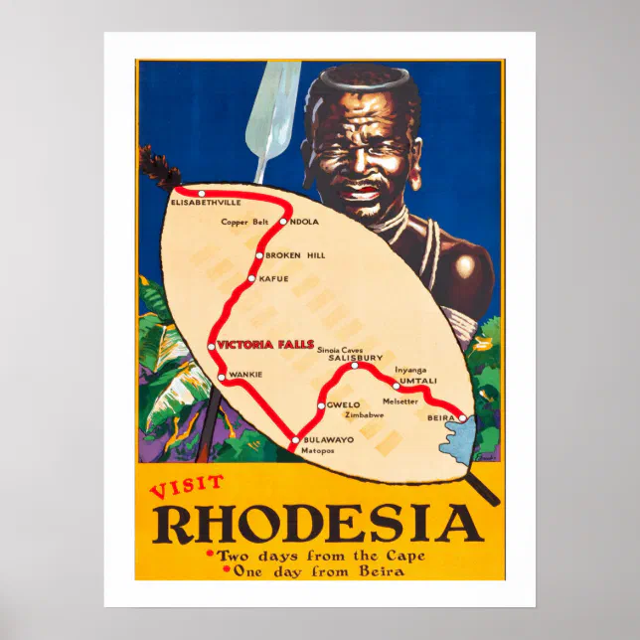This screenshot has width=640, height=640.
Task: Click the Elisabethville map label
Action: point(206,203)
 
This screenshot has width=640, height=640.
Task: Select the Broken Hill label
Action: point(295,255)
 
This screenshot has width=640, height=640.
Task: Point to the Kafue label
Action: point(274,278)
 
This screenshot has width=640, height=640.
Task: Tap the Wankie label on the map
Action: point(244,375)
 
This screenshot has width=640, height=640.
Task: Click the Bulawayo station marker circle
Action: point(294,439)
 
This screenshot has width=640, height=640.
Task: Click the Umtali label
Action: point(418,381)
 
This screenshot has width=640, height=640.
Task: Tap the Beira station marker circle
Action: point(462,419)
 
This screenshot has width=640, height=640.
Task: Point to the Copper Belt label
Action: point(244,222)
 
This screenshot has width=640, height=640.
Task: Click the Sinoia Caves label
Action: point(340,350)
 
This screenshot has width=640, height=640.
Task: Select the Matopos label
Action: point(317,450)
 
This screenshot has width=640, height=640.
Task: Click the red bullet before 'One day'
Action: point(228,570)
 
